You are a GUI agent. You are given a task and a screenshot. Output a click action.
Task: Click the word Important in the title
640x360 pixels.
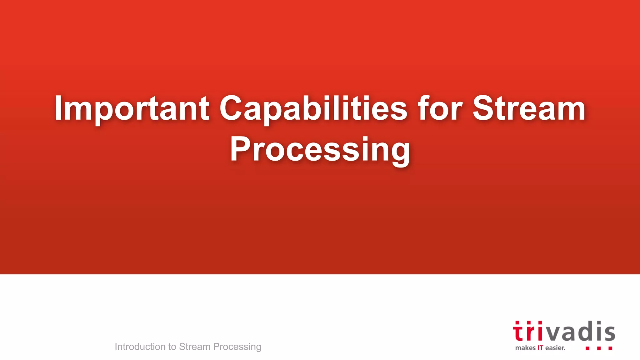pyautogui.click(x=132, y=108)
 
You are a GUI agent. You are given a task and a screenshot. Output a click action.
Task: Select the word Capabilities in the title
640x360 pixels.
pyautogui.click(x=313, y=108)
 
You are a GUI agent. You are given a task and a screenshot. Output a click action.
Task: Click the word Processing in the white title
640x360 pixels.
pyautogui.click(x=320, y=150)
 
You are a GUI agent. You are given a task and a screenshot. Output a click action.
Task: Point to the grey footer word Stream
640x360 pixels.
pyautogui.click(x=194, y=347)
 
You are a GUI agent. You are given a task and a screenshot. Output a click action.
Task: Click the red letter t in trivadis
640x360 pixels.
pyautogui.click(x=518, y=332)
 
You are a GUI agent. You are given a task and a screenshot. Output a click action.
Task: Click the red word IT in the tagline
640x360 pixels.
pyautogui.click(x=540, y=348)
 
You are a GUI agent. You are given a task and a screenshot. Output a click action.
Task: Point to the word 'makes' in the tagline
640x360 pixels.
pyautogui.click(x=525, y=348)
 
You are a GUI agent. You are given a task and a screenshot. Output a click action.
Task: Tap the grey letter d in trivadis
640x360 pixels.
pyautogui.click(x=584, y=331)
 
